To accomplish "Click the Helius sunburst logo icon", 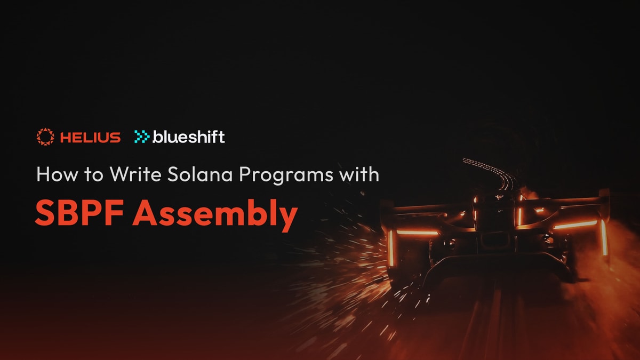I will (x=45, y=137).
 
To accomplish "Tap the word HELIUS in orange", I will (x=90, y=138).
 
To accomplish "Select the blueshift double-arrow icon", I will (x=142, y=137).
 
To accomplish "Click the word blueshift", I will (x=189, y=137).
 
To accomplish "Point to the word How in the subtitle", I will (x=54, y=175).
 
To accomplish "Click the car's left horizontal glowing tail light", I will (x=418, y=233).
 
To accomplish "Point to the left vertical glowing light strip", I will (x=390, y=246).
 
